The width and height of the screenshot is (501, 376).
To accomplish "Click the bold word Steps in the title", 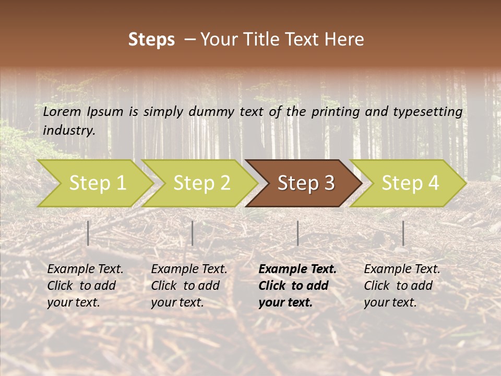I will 151,40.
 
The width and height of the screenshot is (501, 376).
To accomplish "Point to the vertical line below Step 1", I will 88,233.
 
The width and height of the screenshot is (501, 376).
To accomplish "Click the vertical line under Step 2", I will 193,233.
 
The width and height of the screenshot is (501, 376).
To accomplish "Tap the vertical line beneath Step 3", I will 297,233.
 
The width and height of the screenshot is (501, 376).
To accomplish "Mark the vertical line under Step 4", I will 403,233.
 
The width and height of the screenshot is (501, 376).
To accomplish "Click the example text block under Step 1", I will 85,286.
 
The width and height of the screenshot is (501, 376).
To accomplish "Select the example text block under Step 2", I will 189,286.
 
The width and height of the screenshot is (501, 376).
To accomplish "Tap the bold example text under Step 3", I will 297,286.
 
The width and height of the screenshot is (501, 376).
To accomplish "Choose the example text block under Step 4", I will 402,286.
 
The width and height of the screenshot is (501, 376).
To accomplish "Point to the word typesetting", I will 430,112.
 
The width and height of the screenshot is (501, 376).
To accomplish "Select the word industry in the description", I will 69,131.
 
